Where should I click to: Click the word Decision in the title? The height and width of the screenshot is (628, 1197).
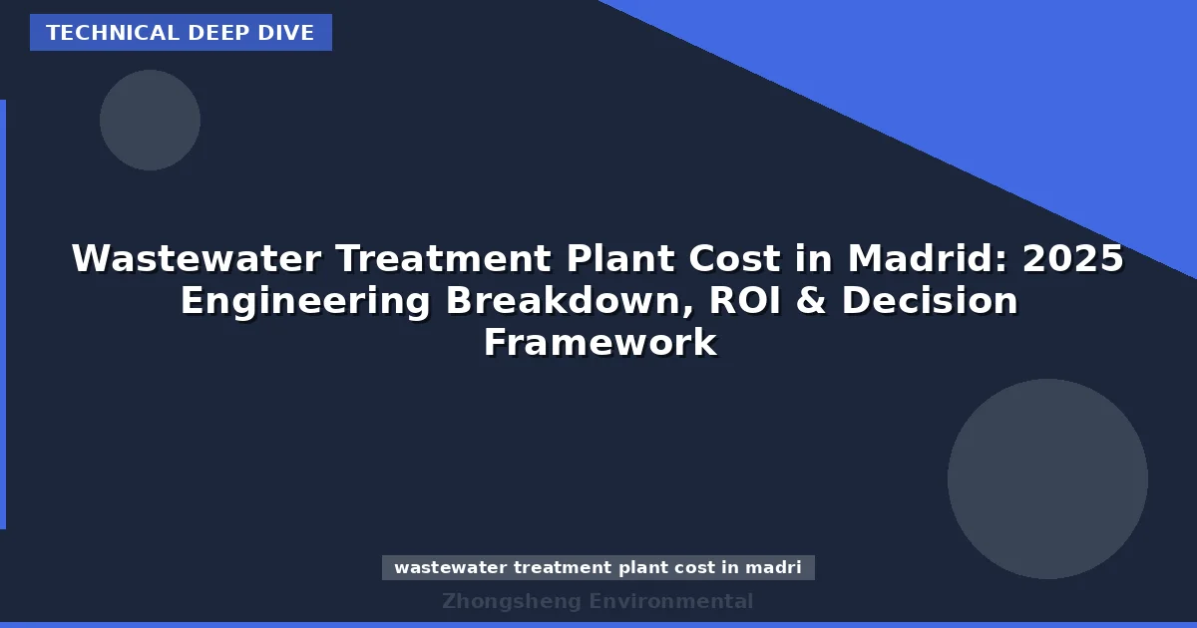[930, 301]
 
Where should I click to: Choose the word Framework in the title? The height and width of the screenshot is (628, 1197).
[599, 343]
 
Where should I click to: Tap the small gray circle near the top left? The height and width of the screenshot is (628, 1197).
[150, 120]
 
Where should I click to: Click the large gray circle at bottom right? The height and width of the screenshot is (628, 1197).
[1047, 478]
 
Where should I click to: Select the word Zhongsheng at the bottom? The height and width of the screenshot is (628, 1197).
[512, 601]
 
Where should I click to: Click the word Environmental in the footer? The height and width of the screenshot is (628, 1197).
[671, 601]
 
